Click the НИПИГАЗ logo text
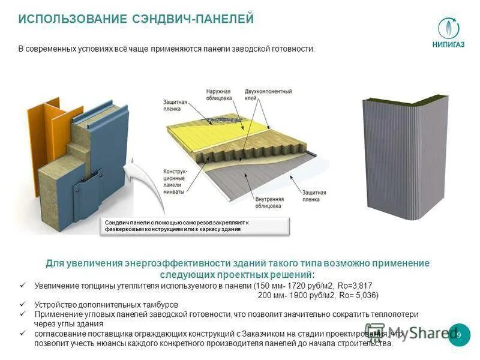click(448, 43)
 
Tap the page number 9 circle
click(459, 335)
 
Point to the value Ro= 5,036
click(359, 295)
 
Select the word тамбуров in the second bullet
click(161, 305)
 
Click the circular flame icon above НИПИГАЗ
click(448, 27)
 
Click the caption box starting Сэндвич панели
click(196, 226)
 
